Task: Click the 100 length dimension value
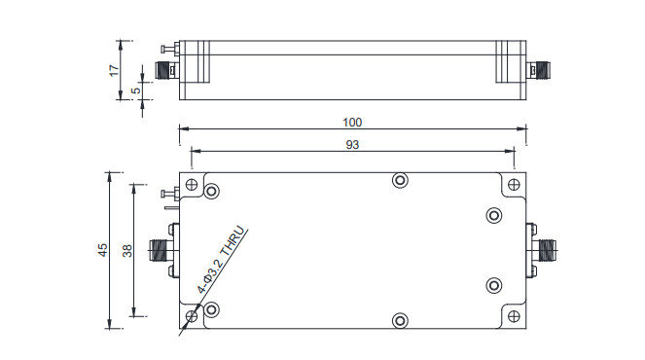(352, 123)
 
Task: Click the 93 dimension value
(352, 144)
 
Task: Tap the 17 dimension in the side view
(114, 69)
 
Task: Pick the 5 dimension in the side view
(137, 90)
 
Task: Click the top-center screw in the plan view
(399, 180)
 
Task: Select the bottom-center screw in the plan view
(399, 321)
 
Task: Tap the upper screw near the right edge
(493, 215)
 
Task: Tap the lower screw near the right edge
(493, 286)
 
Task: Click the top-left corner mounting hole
(192, 185)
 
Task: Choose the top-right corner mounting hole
(513, 185)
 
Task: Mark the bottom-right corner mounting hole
(513, 316)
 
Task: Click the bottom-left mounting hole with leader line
(192, 314)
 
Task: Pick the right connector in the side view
(539, 70)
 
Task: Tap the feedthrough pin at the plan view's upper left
(167, 197)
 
